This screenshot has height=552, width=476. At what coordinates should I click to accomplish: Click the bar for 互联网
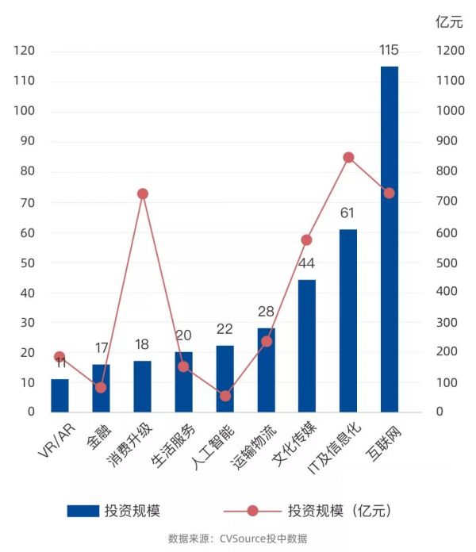point(389,240)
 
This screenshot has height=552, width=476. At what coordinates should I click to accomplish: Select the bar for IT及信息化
point(347,321)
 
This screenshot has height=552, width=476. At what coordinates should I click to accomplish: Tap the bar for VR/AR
point(59,396)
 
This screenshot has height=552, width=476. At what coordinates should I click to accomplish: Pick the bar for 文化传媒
point(306,346)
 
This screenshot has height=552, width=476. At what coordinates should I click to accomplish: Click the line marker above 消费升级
point(143,194)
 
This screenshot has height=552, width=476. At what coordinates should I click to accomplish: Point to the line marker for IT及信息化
point(347,158)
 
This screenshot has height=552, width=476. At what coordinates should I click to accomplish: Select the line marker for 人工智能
point(225,396)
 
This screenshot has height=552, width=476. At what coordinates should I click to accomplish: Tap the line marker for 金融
point(101,387)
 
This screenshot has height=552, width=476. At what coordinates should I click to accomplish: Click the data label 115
point(389,51)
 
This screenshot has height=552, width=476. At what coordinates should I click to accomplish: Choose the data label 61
point(347,213)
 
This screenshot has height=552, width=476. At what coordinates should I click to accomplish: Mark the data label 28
point(266,312)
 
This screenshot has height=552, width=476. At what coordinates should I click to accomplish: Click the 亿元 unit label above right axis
point(449,22)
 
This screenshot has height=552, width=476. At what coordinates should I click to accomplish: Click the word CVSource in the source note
point(242,539)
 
